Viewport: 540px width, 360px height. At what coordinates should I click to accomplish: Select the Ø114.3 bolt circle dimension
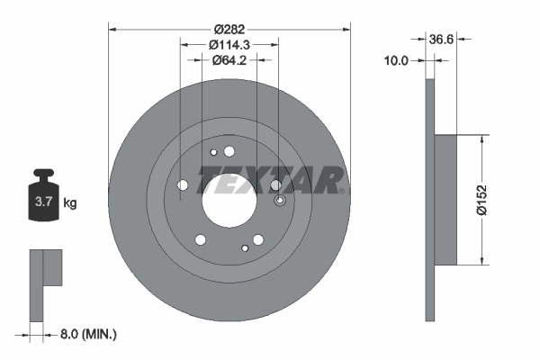pyautogui.click(x=229, y=44)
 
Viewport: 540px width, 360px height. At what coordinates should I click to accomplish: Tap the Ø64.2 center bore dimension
pyautogui.click(x=229, y=60)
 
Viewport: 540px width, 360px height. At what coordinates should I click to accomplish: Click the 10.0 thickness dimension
pyautogui.click(x=396, y=60)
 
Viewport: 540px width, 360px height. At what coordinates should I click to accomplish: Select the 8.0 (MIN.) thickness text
pyautogui.click(x=86, y=334)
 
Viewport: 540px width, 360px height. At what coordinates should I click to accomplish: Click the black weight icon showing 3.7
pyautogui.click(x=44, y=200)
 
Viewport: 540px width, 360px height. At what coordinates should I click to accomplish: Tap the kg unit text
pyautogui.click(x=70, y=203)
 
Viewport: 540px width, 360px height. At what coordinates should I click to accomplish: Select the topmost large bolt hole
pyautogui.click(x=229, y=151)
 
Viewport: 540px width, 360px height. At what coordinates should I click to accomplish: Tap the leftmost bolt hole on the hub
pyautogui.click(x=184, y=184)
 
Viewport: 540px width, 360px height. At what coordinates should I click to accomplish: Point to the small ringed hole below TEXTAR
pyautogui.click(x=279, y=200)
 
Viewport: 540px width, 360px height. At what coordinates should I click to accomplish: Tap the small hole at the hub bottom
pyautogui.click(x=244, y=247)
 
